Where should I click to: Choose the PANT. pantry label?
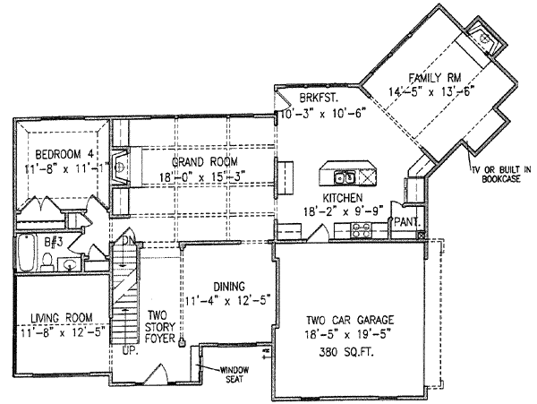click(405, 220)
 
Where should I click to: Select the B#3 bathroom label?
click(30, 241)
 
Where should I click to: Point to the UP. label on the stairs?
click(131, 349)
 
